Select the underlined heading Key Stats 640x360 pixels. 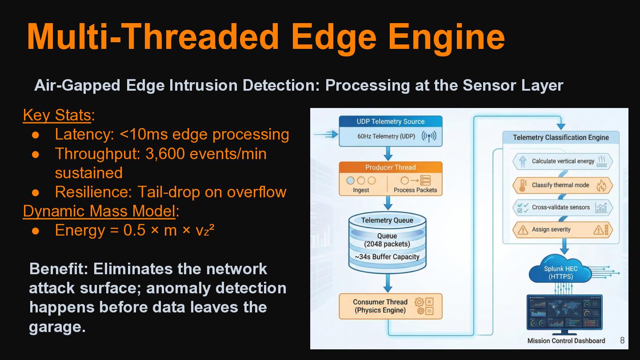point(57,115)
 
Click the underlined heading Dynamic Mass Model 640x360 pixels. point(99,211)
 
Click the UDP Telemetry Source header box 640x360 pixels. point(390,122)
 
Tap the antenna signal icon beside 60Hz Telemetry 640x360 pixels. point(429,136)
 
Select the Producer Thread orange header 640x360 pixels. point(390,168)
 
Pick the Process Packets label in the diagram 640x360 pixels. point(415,190)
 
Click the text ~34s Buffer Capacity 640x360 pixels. point(387,257)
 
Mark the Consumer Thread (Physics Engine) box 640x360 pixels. point(390,306)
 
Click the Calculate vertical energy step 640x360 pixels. point(562,161)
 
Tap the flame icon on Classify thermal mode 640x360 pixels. point(601,185)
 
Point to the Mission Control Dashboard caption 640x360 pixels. point(566,341)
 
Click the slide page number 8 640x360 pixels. point(622,340)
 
